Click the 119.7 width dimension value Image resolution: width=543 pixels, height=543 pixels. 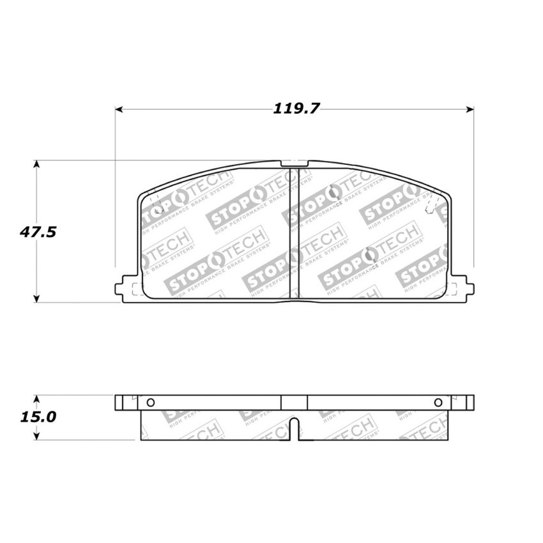click(x=296, y=109)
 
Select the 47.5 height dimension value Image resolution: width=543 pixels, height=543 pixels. click(x=37, y=232)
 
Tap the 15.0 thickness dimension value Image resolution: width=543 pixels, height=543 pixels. click(x=37, y=417)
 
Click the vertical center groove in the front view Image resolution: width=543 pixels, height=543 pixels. click(x=294, y=236)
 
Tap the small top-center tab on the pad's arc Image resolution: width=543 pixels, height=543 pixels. click(x=294, y=164)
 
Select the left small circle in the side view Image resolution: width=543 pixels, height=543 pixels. click(x=151, y=402)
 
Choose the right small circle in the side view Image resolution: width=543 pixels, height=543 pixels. click(x=438, y=402)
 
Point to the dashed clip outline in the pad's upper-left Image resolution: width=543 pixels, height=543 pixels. click(x=154, y=206)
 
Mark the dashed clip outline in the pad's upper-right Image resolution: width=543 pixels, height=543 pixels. click(x=431, y=206)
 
